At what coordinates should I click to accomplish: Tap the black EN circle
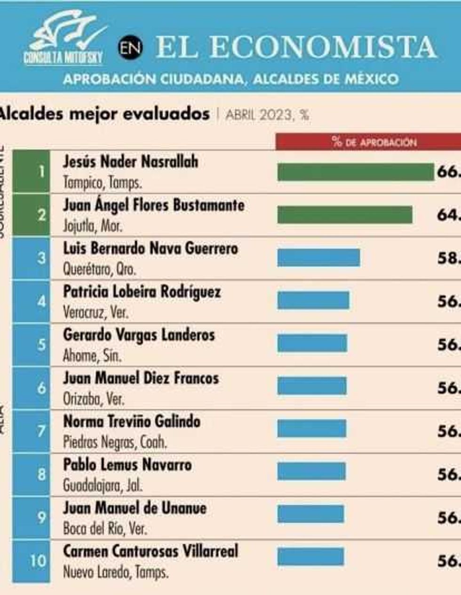click(x=130, y=48)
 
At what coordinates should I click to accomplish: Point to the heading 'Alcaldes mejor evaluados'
click(x=104, y=114)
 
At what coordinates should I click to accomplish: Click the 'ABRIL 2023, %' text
click(x=267, y=115)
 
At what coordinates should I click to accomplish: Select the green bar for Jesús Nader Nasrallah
click(x=356, y=172)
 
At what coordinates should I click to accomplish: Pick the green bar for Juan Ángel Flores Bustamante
click(x=345, y=215)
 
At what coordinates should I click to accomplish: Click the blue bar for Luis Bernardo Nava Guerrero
click(x=318, y=258)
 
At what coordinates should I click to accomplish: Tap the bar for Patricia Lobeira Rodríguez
click(x=313, y=300)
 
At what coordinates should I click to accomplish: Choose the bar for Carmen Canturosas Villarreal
click(x=310, y=557)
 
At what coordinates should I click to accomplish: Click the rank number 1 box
click(x=31, y=171)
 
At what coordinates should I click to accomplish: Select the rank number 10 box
click(x=31, y=561)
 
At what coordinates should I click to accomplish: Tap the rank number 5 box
click(x=31, y=345)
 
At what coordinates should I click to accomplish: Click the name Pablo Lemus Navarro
click(x=127, y=465)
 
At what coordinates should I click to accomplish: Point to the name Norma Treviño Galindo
click(x=132, y=421)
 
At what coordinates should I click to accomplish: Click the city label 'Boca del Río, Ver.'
click(x=105, y=529)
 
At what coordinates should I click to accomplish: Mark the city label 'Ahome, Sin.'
click(x=92, y=356)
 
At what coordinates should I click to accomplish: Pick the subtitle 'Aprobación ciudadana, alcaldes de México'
click(x=230, y=79)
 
